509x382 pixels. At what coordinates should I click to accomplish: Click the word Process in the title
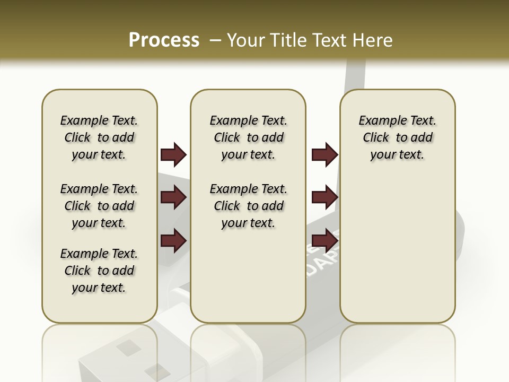(164, 40)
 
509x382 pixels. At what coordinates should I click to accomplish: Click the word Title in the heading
(285, 40)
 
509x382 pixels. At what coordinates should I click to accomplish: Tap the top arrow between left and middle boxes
(173, 154)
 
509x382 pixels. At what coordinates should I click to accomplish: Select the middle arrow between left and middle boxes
(173, 197)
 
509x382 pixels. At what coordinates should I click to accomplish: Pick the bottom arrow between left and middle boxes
(173, 240)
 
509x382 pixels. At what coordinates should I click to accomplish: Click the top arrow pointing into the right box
(324, 154)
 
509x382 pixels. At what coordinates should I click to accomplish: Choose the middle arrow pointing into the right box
(324, 197)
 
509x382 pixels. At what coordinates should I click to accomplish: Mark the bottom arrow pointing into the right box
(324, 240)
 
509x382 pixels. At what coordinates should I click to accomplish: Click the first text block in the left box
(99, 137)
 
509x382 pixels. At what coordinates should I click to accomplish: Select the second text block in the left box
(99, 206)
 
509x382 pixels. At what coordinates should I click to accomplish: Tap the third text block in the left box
(99, 271)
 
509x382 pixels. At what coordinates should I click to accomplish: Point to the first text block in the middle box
(248, 137)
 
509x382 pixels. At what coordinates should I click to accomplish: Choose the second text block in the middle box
(248, 206)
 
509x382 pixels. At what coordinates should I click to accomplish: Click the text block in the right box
(398, 137)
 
